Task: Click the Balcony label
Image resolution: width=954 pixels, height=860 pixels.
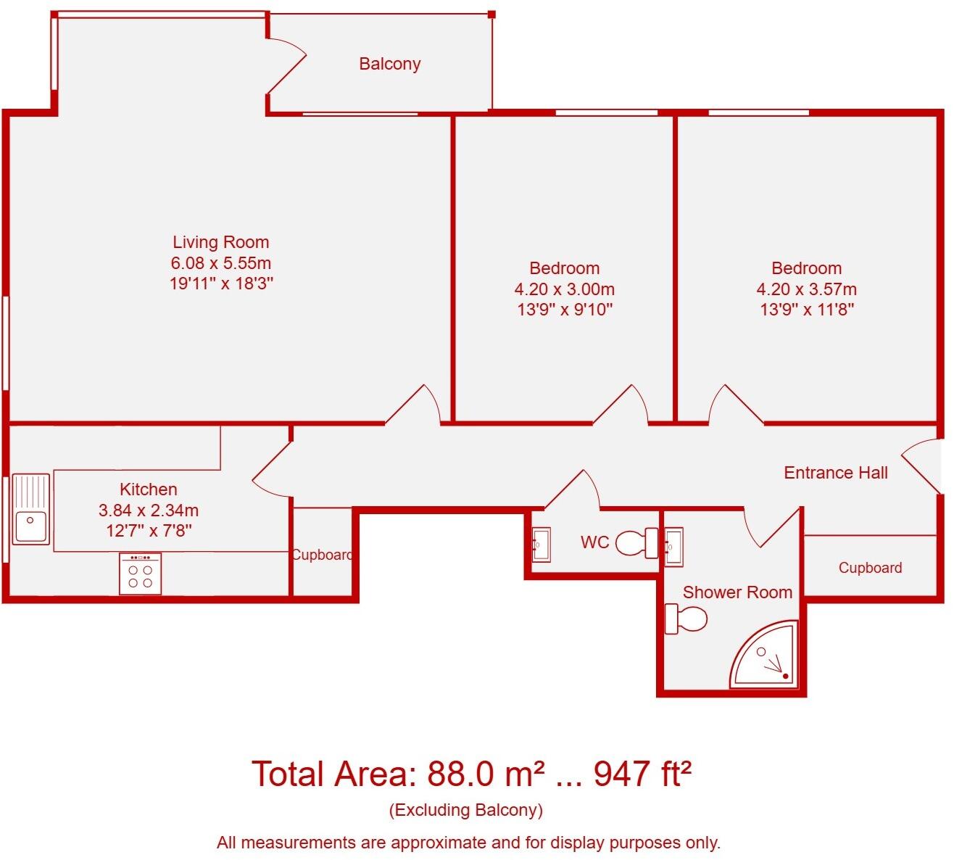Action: click(x=389, y=64)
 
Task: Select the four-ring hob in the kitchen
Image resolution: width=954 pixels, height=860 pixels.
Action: click(x=140, y=574)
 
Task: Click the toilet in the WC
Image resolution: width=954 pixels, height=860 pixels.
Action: click(x=636, y=542)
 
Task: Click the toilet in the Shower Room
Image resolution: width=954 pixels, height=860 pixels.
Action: click(x=686, y=619)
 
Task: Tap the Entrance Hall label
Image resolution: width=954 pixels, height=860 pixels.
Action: click(x=835, y=473)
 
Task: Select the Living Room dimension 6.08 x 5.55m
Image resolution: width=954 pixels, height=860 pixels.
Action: click(x=220, y=262)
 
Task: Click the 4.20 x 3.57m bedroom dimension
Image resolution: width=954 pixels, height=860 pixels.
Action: click(x=806, y=289)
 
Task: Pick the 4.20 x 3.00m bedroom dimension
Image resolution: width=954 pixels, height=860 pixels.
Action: click(x=564, y=289)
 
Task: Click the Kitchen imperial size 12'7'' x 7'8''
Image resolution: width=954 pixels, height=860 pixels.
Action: click(x=149, y=531)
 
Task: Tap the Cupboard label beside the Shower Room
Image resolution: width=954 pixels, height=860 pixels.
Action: click(x=870, y=568)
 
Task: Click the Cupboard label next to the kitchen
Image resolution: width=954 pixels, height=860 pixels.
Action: click(x=322, y=555)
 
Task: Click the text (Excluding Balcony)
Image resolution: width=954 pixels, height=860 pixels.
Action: click(x=465, y=810)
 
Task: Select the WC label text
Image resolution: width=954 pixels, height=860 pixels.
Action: click(x=594, y=542)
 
